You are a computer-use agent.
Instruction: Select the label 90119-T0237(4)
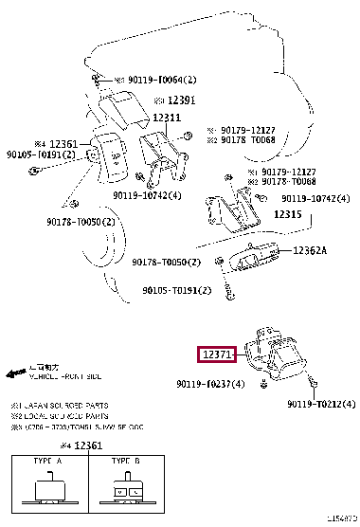point(209,384)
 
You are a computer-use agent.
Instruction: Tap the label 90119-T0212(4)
point(321,405)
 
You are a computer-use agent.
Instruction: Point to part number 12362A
point(309,251)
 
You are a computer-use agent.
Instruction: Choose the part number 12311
point(167,118)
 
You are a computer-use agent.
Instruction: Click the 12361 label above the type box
point(87,445)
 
